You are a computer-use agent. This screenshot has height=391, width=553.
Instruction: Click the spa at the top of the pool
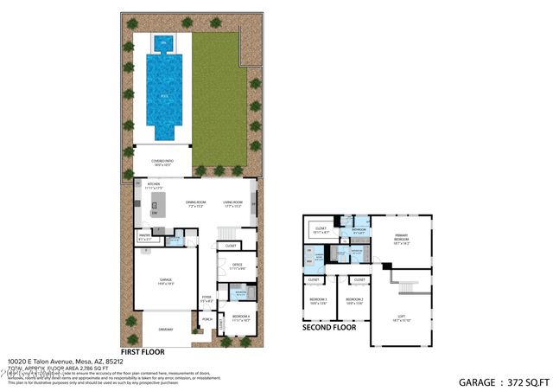160,42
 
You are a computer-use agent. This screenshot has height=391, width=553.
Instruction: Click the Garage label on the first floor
166,281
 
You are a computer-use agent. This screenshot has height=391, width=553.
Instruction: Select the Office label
237,266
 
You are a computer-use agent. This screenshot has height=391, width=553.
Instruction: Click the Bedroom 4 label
241,317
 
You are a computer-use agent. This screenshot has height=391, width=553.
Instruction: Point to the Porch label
207,319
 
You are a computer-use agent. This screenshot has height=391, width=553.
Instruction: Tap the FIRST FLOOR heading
143,352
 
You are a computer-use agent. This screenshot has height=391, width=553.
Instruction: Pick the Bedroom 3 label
318,301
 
